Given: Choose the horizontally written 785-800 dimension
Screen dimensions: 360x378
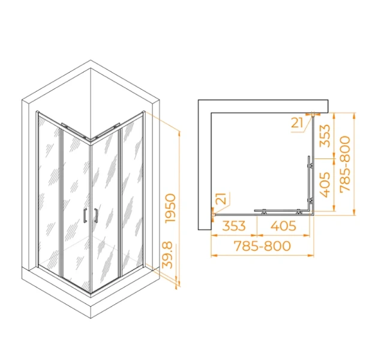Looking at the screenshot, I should pos(262,246).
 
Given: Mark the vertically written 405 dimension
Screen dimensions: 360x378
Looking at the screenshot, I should pos(324,185).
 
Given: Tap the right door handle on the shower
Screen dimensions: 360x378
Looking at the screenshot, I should pos(94,215).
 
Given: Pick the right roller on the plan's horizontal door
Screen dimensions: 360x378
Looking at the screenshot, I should pos(298,211).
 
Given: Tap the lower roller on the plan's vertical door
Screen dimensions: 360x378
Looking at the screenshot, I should pos(310,199).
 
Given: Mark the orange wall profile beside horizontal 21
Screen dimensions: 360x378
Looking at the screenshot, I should pos(314,113).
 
